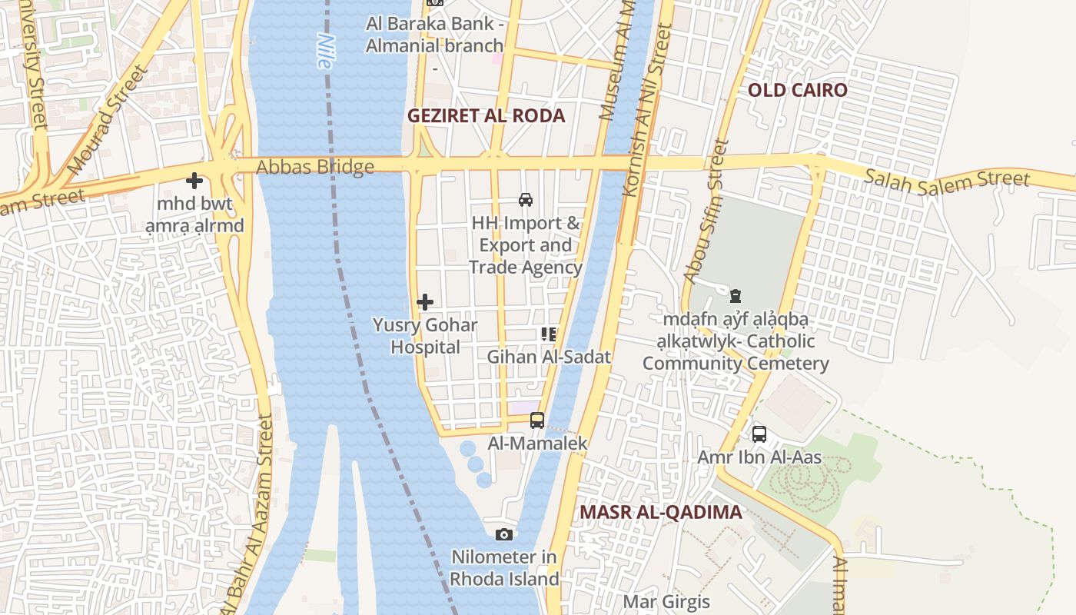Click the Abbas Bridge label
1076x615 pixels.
315,167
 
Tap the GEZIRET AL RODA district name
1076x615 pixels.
486,116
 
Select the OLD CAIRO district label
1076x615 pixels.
798,90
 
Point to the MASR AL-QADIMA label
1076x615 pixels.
661,512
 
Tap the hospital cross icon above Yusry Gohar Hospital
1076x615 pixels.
425,302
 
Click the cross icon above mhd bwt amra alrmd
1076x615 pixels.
194,181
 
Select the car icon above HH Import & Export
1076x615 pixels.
526,200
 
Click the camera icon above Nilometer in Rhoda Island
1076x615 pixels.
504,534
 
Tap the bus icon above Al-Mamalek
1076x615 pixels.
537,421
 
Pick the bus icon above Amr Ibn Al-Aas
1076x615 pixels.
759,434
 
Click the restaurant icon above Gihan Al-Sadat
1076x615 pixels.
549,334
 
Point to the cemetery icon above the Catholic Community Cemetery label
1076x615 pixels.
736,296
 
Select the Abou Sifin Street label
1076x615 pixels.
705,211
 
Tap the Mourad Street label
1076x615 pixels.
107,120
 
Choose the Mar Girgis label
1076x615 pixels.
666,601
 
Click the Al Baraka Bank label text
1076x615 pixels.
435,35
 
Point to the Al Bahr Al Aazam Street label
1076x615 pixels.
247,515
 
